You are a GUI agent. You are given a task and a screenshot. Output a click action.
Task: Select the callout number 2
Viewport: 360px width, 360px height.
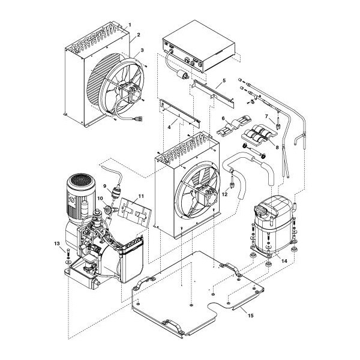point(138,35)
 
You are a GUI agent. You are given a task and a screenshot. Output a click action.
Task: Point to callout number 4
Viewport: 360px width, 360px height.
point(172,127)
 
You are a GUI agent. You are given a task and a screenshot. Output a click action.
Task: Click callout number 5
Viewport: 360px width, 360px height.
point(223,80)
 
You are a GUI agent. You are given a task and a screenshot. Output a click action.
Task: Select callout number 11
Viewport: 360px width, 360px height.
point(141,196)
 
